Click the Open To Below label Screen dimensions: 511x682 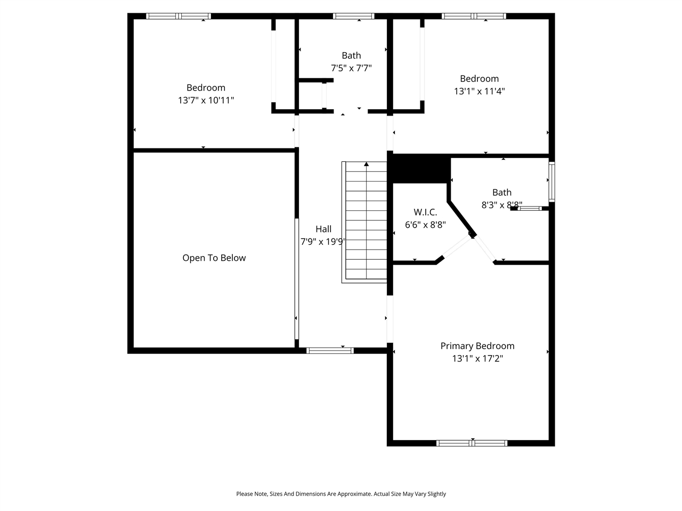(214, 258)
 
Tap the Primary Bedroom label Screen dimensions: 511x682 (477, 346)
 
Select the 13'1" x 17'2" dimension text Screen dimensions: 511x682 (477, 359)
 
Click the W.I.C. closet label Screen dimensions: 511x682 (425, 212)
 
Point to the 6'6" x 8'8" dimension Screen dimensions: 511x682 (425, 225)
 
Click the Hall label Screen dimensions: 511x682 (323, 229)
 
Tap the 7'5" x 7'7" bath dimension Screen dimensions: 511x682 (351, 68)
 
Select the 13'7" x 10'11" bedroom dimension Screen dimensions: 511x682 (206, 100)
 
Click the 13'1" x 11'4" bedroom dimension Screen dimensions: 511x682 (480, 91)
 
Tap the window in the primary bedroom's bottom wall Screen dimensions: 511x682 (472, 443)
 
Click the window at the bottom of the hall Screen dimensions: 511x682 (330, 350)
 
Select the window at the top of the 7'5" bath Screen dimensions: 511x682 (353, 16)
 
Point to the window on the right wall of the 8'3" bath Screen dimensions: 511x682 (552, 182)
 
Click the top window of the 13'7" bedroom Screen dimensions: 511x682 (178, 16)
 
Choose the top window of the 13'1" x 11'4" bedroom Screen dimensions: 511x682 (474, 16)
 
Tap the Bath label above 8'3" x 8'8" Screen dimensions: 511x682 (501, 193)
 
